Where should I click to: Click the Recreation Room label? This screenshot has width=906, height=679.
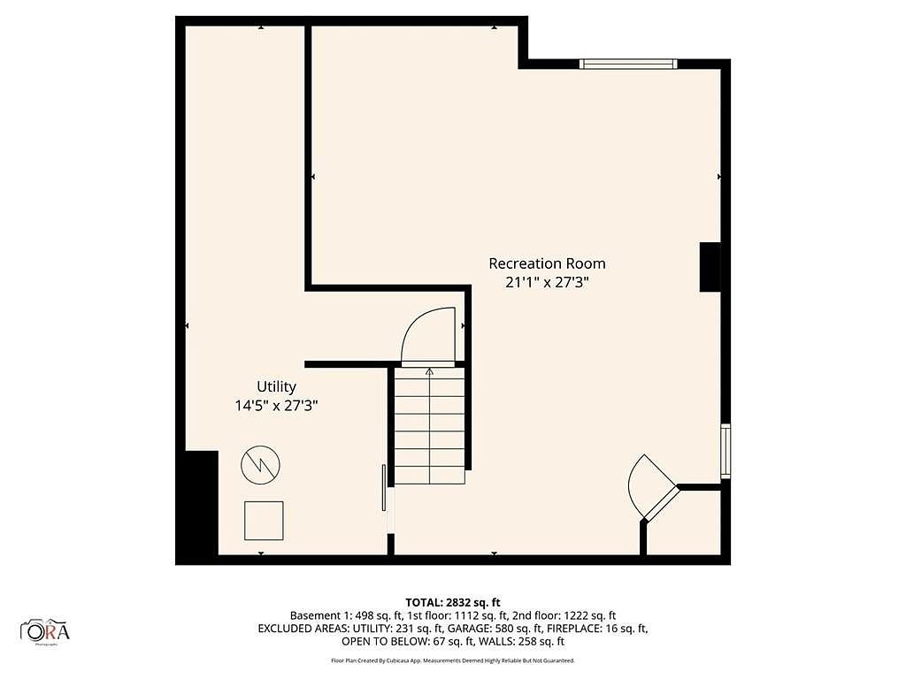[x=547, y=263]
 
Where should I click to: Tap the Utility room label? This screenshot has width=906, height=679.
[x=276, y=387]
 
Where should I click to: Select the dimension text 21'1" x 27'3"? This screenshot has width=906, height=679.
[x=547, y=282]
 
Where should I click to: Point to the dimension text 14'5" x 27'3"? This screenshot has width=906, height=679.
[x=276, y=405]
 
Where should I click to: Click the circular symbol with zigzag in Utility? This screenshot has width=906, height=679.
[x=261, y=465]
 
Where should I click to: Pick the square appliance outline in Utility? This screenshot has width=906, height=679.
[x=264, y=521]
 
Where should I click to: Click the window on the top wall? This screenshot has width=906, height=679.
[x=628, y=64]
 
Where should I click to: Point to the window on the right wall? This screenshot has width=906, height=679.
[x=726, y=451]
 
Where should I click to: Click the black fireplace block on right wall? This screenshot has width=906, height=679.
[x=710, y=267]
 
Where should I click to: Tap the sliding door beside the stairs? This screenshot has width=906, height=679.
[x=384, y=488]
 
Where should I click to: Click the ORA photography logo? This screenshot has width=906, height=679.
[x=45, y=631]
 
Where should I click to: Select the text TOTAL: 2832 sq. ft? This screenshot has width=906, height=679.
[x=452, y=603]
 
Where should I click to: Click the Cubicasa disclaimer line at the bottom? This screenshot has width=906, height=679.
[x=452, y=660]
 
